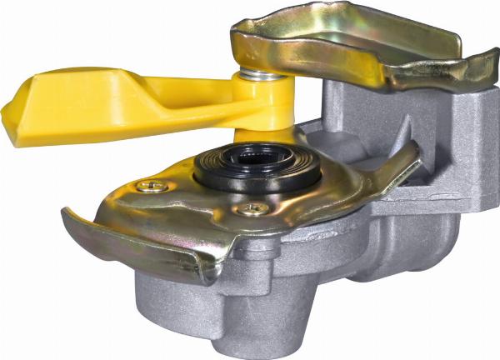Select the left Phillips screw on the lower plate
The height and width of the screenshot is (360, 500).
coord(152,186)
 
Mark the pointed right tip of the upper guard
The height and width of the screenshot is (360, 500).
coord(492,57)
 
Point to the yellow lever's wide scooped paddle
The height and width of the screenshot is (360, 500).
coord(75,104)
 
